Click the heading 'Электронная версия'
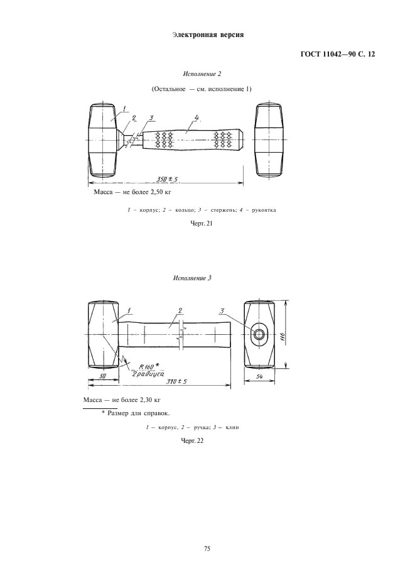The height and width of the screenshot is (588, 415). [208, 35]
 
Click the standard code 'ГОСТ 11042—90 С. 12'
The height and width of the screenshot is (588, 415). [338, 55]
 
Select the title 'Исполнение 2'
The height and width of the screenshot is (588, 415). [202, 74]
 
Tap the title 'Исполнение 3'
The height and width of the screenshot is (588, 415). [193, 278]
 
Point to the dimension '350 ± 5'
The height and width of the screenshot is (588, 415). [167, 179]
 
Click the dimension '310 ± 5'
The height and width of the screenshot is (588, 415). [176, 381]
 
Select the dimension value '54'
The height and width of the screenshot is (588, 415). [259, 377]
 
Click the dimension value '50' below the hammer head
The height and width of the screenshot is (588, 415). [103, 376]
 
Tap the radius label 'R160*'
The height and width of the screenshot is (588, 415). [148, 366]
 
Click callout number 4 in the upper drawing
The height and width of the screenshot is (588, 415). [196, 118]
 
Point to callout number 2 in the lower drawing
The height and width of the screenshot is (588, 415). [180, 310]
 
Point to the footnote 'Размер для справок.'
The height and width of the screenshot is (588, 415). [138, 413]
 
